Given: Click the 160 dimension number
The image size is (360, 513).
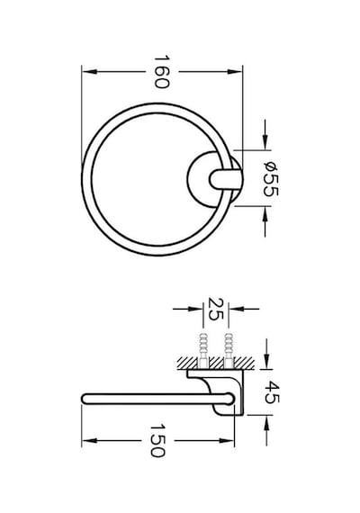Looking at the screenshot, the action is point(162,72).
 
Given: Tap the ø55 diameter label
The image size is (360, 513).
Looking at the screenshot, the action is point(271,180).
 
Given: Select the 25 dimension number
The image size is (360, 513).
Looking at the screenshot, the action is point(216,309).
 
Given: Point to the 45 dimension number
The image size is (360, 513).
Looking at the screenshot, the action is point(273,392).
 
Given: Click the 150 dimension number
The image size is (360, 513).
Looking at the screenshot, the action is point(158,441).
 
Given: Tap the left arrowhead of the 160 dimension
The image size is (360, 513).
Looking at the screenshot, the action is point(89,72).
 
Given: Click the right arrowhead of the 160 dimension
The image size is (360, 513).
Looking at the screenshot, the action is point(235,72).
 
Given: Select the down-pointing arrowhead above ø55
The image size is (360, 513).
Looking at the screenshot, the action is point(265,142).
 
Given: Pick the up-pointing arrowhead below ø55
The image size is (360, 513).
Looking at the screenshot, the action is point(265,214).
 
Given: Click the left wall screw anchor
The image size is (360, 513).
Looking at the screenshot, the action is point(202,351).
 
